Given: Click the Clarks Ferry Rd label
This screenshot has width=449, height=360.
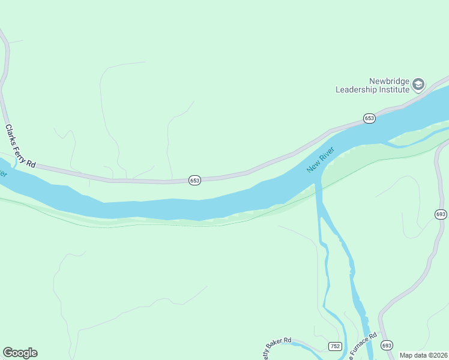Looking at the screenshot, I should click(x=20, y=146).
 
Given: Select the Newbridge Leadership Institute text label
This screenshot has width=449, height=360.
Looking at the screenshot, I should click(x=372, y=85).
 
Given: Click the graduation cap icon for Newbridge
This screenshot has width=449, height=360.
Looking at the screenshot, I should click(x=418, y=85).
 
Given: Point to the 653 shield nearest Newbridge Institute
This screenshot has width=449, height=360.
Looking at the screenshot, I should click(x=369, y=119).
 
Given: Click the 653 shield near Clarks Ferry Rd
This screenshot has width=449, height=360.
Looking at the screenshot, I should click(x=194, y=180).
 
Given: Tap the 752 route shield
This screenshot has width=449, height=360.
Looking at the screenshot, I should click(x=335, y=346).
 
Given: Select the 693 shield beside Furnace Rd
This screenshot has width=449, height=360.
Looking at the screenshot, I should click(x=387, y=345).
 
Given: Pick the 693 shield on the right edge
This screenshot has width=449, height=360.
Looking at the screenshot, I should click(x=441, y=214).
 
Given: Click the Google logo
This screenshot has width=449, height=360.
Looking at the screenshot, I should click(x=20, y=353).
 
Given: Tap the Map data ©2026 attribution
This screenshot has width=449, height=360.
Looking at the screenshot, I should click(x=423, y=355).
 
